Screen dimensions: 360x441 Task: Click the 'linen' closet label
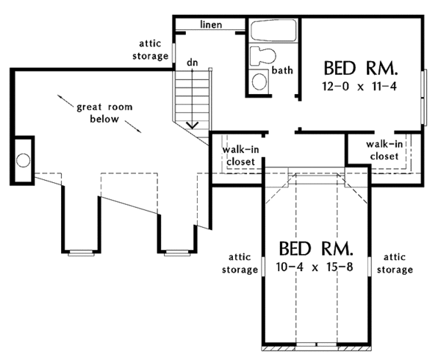[212, 25]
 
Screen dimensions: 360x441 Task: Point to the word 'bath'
[283, 71]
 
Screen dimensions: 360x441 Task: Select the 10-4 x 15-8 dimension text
[317, 267]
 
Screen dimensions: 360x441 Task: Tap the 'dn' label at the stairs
[193, 64]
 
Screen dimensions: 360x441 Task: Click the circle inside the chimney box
[23, 159]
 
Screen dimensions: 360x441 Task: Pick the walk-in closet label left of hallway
[240, 155]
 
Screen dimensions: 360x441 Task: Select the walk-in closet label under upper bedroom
[383, 150]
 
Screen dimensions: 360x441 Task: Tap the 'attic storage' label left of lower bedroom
[240, 264]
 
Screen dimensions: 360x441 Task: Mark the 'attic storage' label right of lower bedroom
[395, 264]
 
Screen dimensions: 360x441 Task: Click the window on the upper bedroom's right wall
[423, 97]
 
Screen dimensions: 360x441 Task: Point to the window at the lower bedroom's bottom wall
[317, 345]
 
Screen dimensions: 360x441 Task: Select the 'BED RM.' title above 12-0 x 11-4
[361, 69]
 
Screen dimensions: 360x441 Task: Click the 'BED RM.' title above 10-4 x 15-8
[317, 248]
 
